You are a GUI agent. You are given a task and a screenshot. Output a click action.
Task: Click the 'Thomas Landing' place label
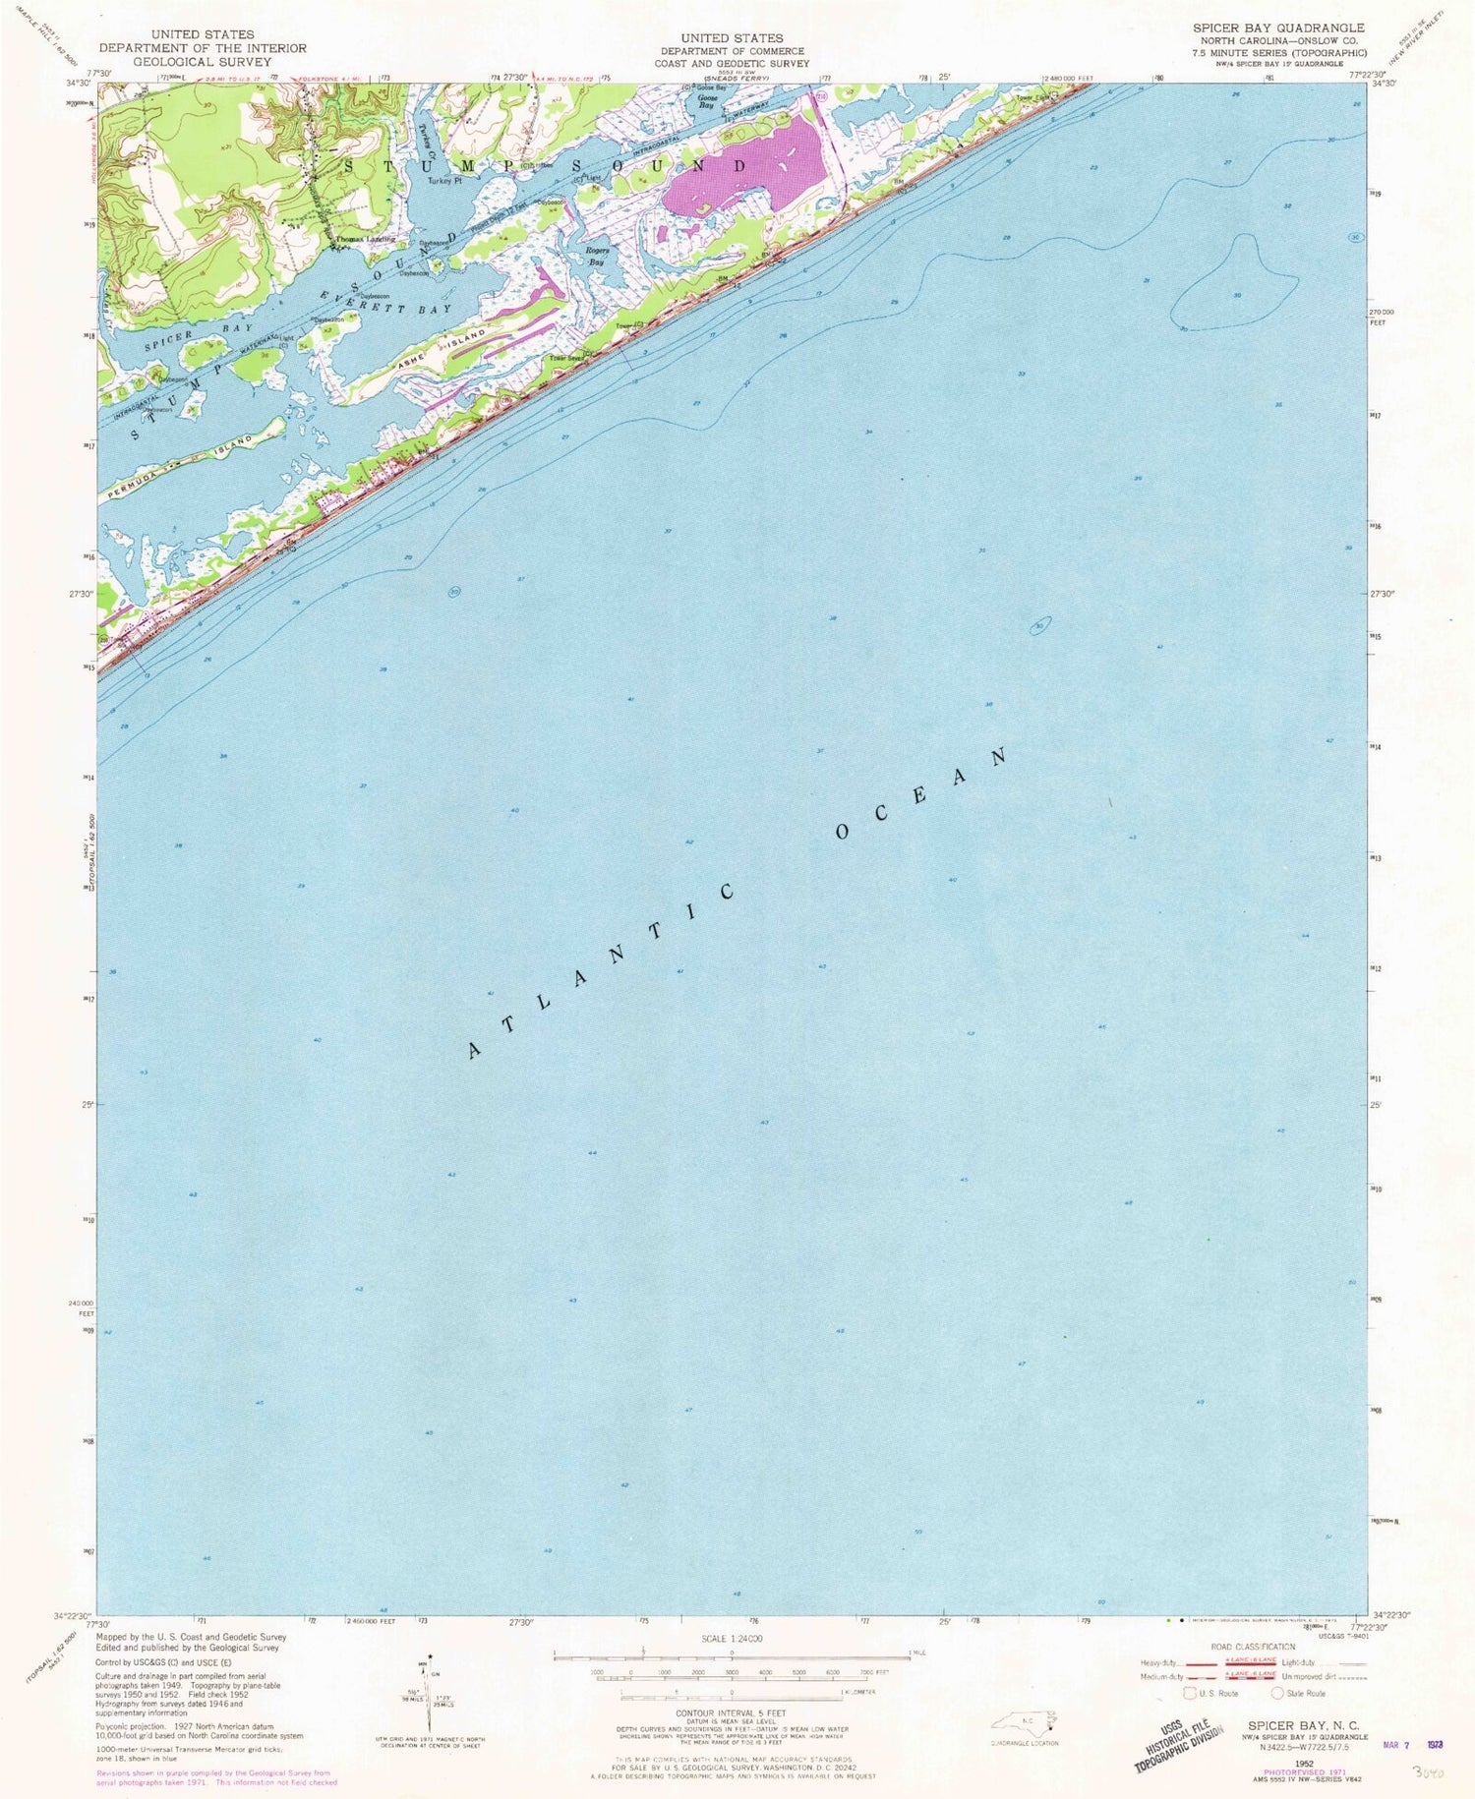(365, 239)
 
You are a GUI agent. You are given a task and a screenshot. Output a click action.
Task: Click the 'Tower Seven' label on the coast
(567, 359)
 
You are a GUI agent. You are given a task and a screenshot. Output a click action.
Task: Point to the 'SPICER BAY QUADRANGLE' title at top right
(1277, 29)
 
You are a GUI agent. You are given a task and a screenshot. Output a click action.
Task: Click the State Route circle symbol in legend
(1277, 1693)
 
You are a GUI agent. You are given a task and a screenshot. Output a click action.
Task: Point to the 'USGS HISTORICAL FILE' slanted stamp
(1180, 1740)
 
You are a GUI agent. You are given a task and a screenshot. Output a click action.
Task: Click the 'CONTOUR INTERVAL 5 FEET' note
(732, 1712)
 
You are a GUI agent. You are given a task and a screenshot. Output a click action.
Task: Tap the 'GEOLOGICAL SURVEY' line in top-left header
(202, 61)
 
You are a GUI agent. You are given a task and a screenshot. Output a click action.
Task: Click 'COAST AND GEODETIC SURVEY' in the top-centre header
(732, 63)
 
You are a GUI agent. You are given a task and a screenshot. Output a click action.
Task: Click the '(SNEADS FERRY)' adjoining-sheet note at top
(733, 78)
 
